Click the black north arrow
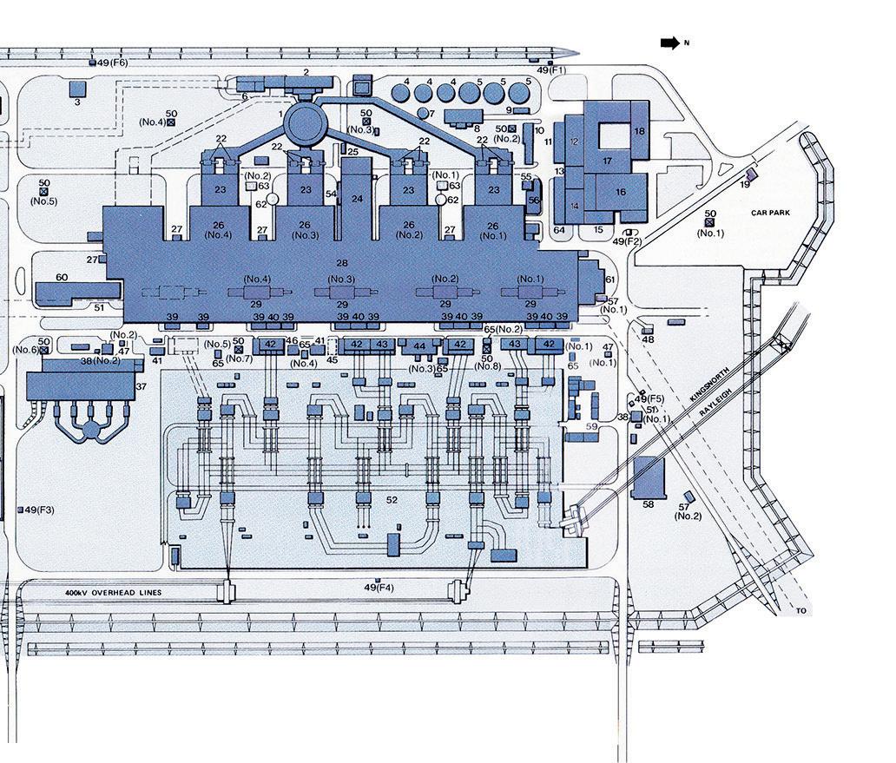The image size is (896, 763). [x=669, y=43]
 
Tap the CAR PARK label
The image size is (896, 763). [x=770, y=212]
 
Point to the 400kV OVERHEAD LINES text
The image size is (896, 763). [x=113, y=592]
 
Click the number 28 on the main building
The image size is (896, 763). [x=341, y=262]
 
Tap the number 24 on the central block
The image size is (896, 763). [x=357, y=199]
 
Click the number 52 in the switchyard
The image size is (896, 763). [x=392, y=499]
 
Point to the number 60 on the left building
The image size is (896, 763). [x=62, y=278]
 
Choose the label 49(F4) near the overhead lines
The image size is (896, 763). [x=379, y=589]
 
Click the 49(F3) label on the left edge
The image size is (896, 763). [x=39, y=510]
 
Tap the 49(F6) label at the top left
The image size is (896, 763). [x=112, y=62]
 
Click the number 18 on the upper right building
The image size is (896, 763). [x=639, y=131]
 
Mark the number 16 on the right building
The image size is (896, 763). [x=621, y=192]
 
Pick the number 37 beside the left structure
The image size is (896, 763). [x=142, y=386]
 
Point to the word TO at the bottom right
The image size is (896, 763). [x=800, y=611]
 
